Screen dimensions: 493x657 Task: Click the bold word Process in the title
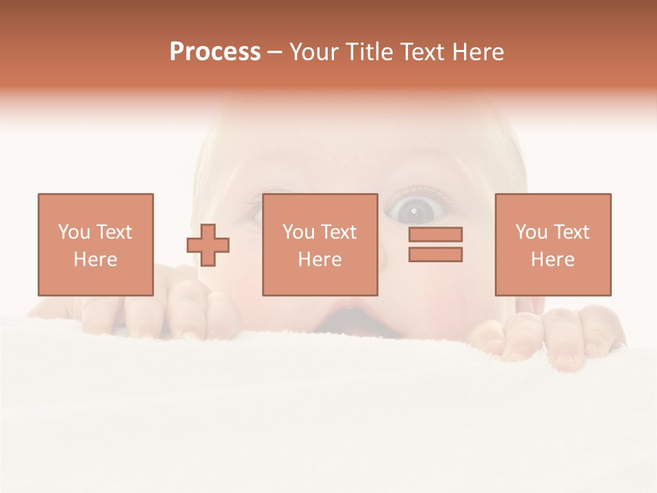click(x=215, y=52)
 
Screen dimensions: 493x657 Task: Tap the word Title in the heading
click(x=369, y=52)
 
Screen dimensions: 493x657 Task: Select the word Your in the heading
click(x=314, y=52)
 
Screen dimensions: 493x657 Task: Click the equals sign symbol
click(x=435, y=244)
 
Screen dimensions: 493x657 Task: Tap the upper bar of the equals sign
click(x=435, y=235)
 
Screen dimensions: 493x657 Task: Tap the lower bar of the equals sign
click(x=435, y=254)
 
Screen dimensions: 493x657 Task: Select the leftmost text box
click(x=95, y=244)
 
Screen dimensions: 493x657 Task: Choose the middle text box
click(x=320, y=244)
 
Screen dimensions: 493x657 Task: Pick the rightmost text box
click(x=552, y=244)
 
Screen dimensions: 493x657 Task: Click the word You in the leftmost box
click(x=74, y=232)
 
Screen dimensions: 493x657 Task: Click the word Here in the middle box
click(x=320, y=260)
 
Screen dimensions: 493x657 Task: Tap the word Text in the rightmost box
click(x=571, y=232)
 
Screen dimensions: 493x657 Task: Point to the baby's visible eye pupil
click(x=413, y=209)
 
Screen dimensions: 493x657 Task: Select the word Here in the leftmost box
click(x=95, y=260)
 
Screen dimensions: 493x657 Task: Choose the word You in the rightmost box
click(x=531, y=232)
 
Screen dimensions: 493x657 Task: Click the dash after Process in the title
click(x=275, y=52)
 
